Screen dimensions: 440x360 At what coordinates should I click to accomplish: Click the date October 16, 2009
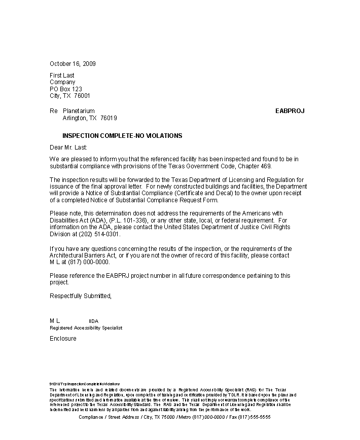73,64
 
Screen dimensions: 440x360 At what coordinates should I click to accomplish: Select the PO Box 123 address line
66,89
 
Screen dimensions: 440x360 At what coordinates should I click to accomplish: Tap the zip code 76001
82,96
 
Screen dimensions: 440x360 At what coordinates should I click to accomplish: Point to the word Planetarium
79,111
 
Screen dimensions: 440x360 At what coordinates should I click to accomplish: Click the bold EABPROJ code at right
290,111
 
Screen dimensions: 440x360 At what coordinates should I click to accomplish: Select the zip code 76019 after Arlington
109,118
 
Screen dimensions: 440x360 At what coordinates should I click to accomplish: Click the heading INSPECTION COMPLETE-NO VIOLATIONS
122,136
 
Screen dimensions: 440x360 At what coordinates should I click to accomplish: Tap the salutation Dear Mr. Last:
68,148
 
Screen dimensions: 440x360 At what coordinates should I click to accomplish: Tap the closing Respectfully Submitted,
80,296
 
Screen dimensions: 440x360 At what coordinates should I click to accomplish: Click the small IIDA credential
93,321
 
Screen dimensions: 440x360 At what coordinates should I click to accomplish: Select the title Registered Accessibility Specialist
86,328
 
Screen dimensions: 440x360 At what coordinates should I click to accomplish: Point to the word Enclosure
63,339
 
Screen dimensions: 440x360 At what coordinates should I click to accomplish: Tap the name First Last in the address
62,76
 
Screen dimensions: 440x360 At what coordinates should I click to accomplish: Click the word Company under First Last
62,82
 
